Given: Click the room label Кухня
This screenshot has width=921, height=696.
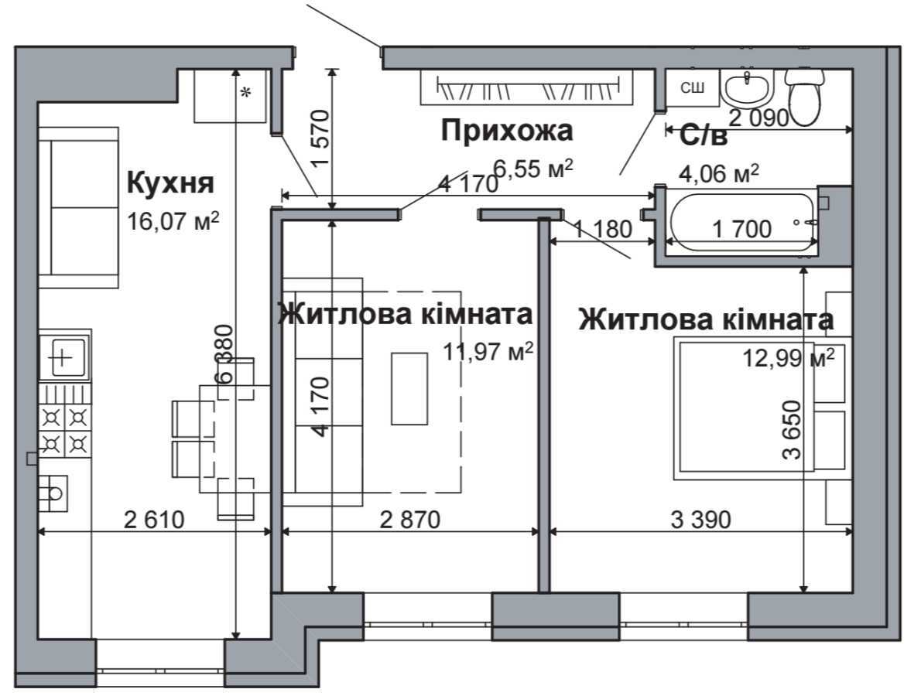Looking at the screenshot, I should pos(169,184).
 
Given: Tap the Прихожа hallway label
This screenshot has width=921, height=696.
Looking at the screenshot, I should pos(507,131).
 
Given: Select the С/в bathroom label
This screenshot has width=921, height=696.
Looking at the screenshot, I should pos(704,137).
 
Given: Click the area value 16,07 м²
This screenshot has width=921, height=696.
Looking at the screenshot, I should pos(174,222).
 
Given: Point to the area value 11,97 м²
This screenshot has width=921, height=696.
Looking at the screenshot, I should pos(488,353).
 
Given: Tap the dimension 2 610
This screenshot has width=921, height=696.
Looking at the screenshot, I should pos(155,520).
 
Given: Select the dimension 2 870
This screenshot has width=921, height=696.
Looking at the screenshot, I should pos(410,520).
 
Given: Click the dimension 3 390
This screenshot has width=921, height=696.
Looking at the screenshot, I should pos(700,520).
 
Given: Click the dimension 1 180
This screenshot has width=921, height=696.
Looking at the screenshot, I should pos(603,229).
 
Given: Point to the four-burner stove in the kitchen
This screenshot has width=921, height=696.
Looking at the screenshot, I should pos(65,431).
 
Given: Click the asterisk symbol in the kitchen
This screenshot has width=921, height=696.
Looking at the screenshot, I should pos(246,94).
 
